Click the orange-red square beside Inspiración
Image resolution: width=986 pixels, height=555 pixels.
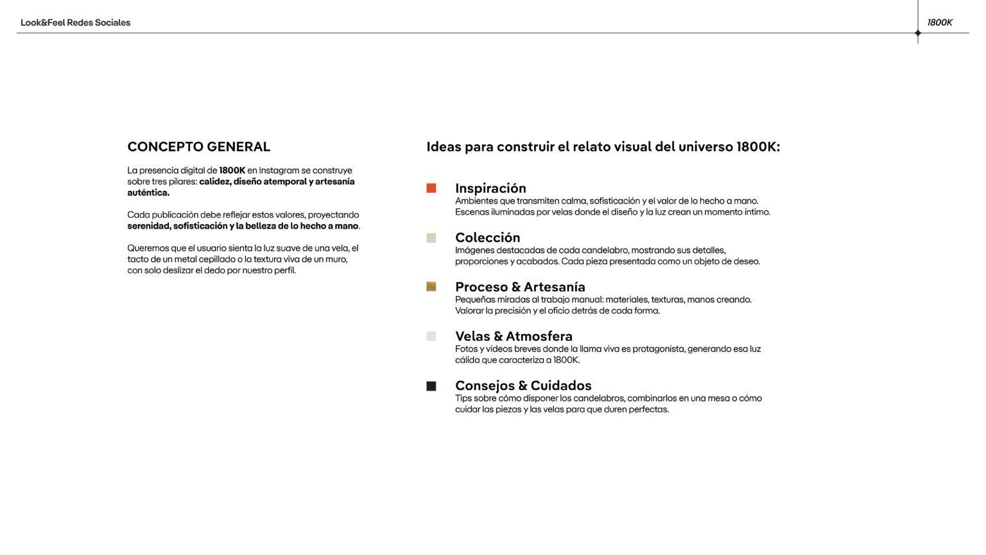click(x=431, y=188)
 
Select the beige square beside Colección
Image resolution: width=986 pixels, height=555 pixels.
click(x=431, y=238)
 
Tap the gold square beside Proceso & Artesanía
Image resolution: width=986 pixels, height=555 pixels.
click(x=431, y=286)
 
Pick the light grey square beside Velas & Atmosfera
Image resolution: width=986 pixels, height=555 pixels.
click(x=431, y=336)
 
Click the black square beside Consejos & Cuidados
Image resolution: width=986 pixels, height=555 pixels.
click(x=431, y=386)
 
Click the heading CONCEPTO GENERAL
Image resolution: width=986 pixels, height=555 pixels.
click(x=198, y=147)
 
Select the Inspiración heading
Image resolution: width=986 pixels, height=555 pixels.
click(x=490, y=188)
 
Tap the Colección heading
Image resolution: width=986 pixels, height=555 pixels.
click(x=487, y=238)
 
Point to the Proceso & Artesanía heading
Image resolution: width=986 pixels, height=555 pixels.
click(x=520, y=287)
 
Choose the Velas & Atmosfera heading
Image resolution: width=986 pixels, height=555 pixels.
click(x=514, y=337)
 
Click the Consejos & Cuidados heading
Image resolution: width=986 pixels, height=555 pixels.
click(x=523, y=386)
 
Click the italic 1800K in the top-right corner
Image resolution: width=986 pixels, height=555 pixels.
click(x=940, y=22)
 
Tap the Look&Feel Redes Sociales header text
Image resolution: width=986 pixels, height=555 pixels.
click(x=75, y=22)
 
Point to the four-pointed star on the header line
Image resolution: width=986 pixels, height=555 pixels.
click(x=918, y=33)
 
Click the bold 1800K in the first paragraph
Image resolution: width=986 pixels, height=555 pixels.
click(x=232, y=171)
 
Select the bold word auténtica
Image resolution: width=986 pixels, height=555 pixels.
click(x=148, y=193)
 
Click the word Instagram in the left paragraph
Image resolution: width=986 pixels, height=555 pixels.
click(x=279, y=171)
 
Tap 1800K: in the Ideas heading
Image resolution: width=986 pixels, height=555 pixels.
click(x=758, y=147)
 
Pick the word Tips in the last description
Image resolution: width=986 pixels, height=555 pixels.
click(x=463, y=398)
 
